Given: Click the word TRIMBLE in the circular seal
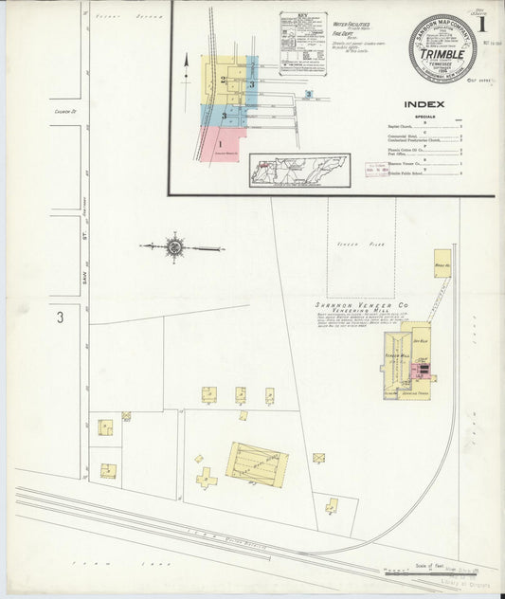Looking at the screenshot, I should [x=442, y=53].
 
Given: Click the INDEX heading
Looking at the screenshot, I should [x=424, y=104].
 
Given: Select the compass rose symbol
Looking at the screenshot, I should [x=174, y=247].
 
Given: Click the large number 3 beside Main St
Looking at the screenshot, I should [x=59, y=318].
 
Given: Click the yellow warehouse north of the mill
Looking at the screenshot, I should [x=442, y=263].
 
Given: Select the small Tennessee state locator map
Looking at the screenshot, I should [x=299, y=172].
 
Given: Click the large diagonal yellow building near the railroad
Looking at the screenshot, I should [x=257, y=463].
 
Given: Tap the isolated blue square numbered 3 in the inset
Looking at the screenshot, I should [x=309, y=95].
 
